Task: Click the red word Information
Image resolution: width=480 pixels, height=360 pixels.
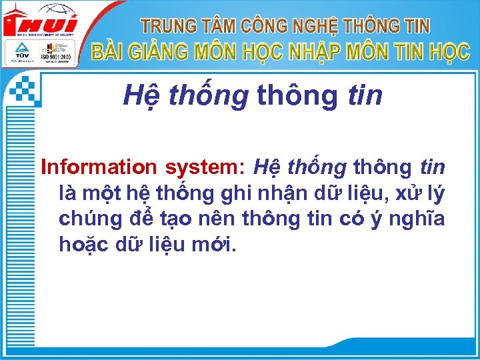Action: point(99,167)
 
